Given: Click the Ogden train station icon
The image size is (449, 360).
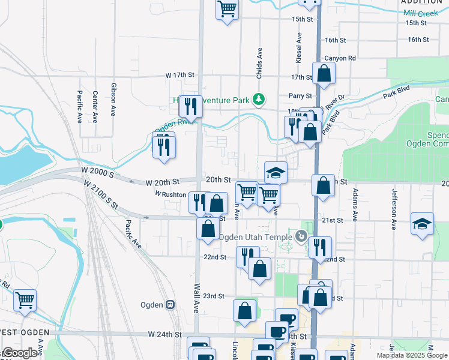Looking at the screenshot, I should (x=170, y=305).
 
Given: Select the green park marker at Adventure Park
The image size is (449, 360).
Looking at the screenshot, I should (x=259, y=98).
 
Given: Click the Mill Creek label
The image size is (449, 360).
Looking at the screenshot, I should (x=421, y=13).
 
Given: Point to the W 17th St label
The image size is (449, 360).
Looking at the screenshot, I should (x=181, y=76).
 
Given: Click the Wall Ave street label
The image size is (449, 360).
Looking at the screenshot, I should (x=196, y=296).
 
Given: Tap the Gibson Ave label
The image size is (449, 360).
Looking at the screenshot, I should (x=113, y=99).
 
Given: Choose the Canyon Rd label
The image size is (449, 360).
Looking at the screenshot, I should (x=340, y=58).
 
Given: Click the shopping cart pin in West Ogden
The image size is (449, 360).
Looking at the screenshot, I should (x=25, y=300).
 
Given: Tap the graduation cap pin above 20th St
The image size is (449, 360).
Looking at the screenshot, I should (x=276, y=173).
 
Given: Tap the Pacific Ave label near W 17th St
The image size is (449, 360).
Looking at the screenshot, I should (x=79, y=107).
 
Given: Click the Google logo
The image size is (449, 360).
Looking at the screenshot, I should (x=20, y=353).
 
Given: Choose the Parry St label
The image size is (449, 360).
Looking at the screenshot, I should (x=300, y=95).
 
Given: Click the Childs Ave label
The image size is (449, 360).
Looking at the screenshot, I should (x=260, y=62).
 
